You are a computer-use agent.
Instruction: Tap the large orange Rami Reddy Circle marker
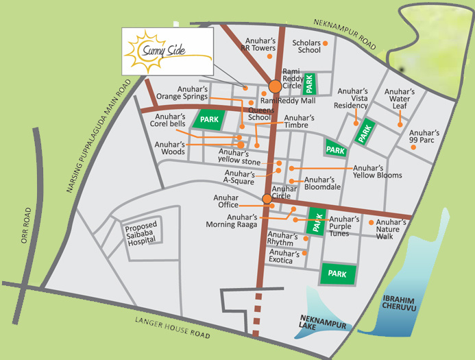275,87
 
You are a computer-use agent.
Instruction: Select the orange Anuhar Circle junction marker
267,199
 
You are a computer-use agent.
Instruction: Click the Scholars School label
306,46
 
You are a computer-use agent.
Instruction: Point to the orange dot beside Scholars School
326,43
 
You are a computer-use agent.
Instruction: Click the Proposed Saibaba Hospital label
141,234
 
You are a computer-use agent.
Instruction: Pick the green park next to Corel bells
208,119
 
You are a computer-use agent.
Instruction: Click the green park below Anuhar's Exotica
338,274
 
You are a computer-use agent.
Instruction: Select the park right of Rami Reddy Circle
310,84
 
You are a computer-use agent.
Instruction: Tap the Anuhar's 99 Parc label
424,136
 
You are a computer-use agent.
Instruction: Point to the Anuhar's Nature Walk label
393,229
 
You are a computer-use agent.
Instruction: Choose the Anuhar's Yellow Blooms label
377,171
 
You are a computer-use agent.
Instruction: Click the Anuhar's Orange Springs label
182,93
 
